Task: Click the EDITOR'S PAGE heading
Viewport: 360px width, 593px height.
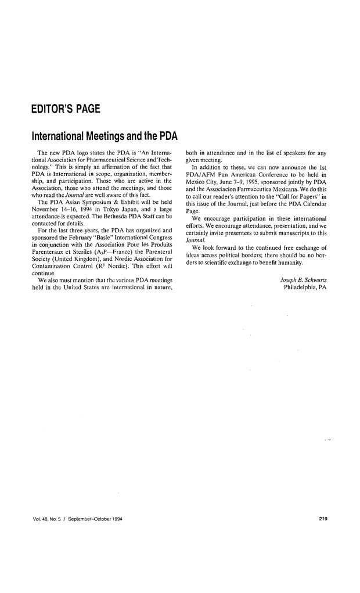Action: pos(66,109)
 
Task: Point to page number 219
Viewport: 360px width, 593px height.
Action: pos(323,518)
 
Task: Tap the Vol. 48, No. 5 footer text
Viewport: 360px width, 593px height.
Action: pos(49,518)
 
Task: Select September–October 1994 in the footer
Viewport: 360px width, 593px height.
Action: pos(98,518)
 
